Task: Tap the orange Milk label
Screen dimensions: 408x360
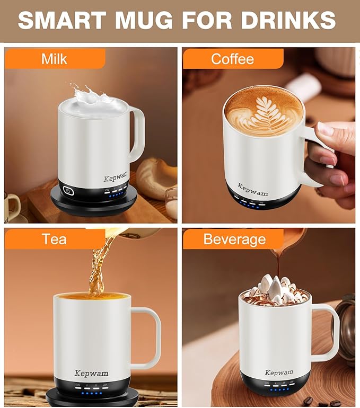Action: pos(54,58)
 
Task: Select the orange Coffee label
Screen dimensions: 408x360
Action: pos(232,58)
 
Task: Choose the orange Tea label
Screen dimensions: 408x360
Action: pos(54,239)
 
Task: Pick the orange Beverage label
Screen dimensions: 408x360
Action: pos(234,239)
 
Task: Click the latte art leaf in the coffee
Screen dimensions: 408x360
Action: pos(264,113)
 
